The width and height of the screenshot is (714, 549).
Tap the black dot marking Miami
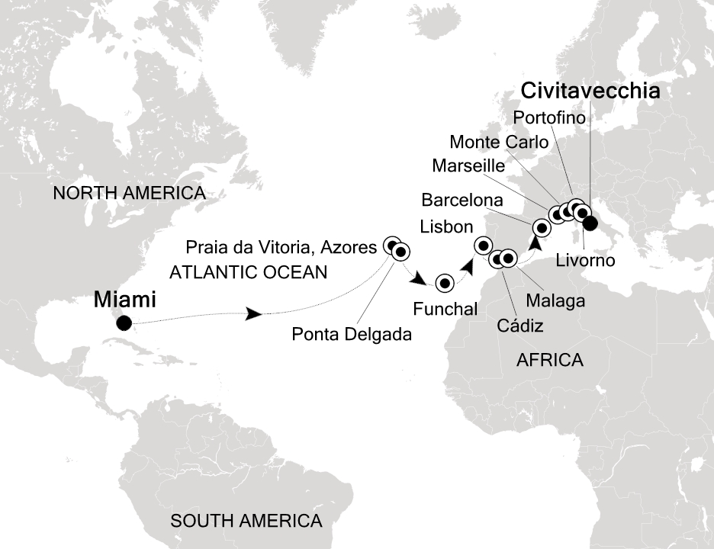click(x=124, y=323)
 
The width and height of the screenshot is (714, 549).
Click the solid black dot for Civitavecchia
click(x=590, y=223)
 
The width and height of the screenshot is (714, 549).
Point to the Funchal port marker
click(x=445, y=284)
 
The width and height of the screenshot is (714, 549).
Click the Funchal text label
click(x=445, y=309)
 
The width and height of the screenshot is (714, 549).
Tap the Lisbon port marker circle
click(x=483, y=245)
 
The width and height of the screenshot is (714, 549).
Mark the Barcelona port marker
click(x=542, y=227)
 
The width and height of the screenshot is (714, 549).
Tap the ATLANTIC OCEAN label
click(x=248, y=271)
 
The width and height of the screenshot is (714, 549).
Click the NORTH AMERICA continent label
click(x=129, y=194)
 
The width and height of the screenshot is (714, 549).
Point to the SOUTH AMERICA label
click(x=246, y=522)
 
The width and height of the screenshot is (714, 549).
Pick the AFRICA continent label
click(x=549, y=360)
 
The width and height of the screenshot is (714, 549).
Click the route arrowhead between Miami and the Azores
click(x=255, y=314)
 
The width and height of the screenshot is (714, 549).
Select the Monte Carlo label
click(x=499, y=142)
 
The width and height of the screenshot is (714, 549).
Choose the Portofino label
click(x=549, y=117)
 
